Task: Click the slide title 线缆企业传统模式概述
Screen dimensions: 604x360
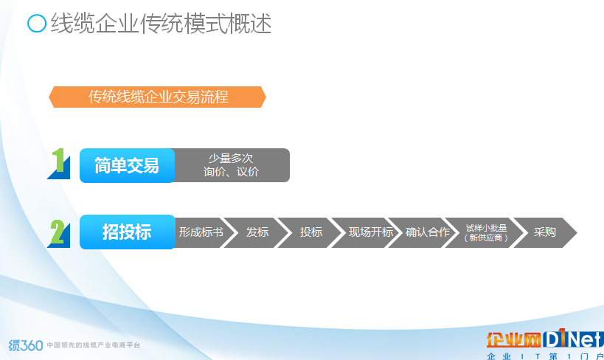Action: pyautogui.click(x=161, y=23)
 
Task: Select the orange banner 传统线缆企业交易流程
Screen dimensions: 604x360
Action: pyautogui.click(x=157, y=97)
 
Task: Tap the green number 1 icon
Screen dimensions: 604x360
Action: pyautogui.click(x=59, y=164)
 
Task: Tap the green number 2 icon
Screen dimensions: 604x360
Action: pyautogui.click(x=59, y=233)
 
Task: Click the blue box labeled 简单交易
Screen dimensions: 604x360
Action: pyautogui.click(x=127, y=166)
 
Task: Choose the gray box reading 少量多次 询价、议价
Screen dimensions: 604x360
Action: pyautogui.click(x=232, y=165)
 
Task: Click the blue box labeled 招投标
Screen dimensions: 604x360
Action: pyautogui.click(x=127, y=232)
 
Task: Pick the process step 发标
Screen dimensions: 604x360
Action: pyautogui.click(x=256, y=232)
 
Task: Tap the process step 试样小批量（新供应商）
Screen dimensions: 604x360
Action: pyautogui.click(x=485, y=232)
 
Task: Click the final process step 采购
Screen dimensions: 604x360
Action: pyautogui.click(x=545, y=232)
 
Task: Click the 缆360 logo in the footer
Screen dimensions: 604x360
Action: pyautogui.click(x=25, y=345)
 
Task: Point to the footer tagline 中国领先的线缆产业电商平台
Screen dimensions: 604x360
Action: pyautogui.click(x=94, y=345)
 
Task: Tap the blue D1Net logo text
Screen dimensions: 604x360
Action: pyautogui.click(x=573, y=339)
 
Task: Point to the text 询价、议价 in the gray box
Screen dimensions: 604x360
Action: pyautogui.click(x=231, y=172)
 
